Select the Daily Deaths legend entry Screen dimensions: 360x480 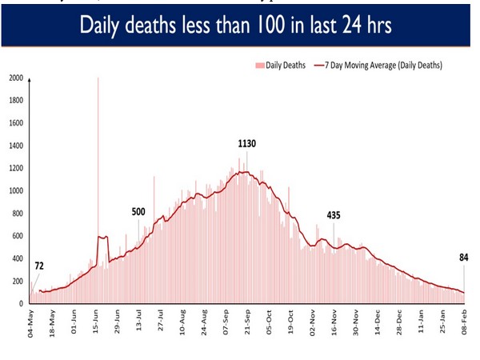click(x=281, y=65)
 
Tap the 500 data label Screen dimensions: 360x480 click(x=138, y=212)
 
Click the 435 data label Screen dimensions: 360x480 click(x=334, y=216)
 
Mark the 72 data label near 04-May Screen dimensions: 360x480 click(x=38, y=266)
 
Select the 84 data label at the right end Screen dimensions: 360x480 click(x=462, y=257)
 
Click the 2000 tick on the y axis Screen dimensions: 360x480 click(x=16, y=78)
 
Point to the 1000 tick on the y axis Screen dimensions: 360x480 click(x=16, y=191)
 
